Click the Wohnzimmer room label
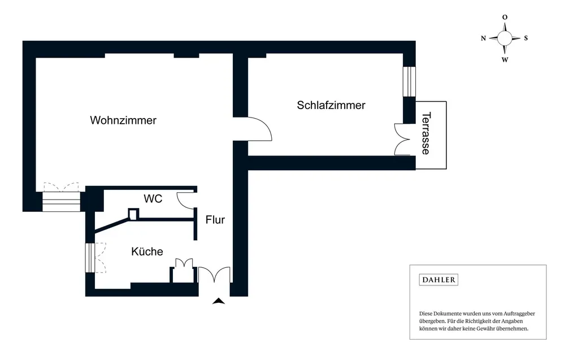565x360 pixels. pos(123,120)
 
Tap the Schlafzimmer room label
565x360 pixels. pos(331,105)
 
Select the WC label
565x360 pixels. pos(153,199)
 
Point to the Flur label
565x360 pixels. pos(215,220)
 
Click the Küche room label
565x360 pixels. pos(147,251)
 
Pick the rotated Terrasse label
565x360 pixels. pos(426,133)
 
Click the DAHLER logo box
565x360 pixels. pos(438,280)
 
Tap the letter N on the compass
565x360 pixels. pos(484,38)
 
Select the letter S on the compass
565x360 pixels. pos(525,38)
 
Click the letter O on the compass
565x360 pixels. pos(505,18)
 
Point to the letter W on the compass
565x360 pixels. pos(505,59)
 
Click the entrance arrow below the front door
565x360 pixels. pos(219,301)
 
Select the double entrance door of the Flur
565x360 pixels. pos(214,275)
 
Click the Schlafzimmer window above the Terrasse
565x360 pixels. pos(409,81)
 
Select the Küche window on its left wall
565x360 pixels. pos(89,258)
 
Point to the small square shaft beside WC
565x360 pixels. pos(133,214)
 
